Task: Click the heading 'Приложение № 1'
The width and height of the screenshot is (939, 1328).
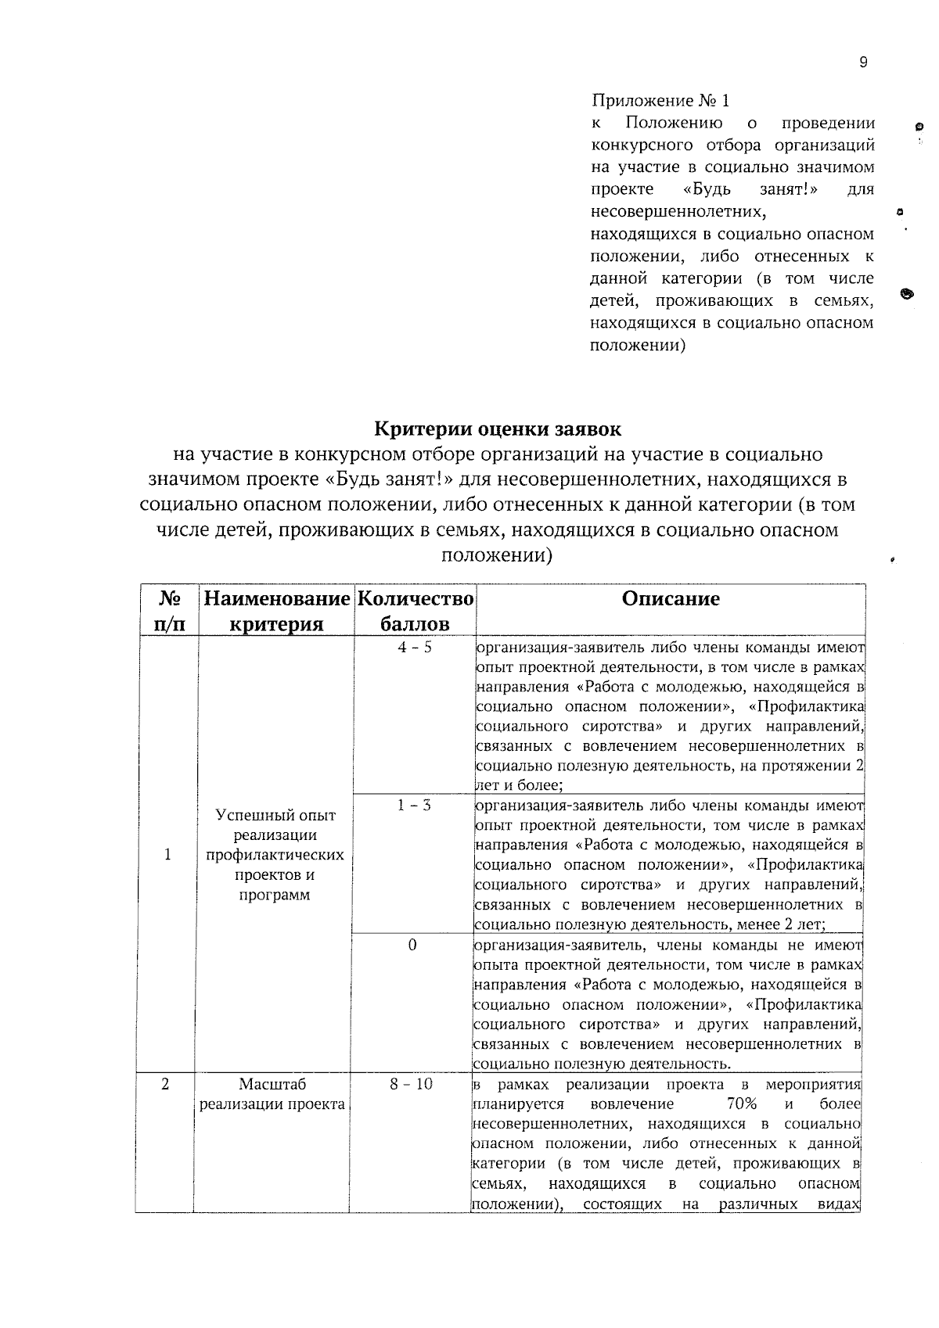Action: coord(660,101)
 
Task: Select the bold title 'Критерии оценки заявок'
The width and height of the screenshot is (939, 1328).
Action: coord(498,429)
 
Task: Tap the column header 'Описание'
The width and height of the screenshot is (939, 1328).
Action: coord(671,599)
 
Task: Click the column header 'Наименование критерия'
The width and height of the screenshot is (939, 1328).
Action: coord(275,611)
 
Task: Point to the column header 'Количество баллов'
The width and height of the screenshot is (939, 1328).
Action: coord(415,611)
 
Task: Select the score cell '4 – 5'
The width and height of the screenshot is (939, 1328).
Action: coord(414,648)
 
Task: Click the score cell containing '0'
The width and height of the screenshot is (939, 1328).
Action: coord(412,946)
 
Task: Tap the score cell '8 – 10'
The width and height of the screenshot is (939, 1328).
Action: coord(412,1085)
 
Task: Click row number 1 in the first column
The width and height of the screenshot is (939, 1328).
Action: coord(167,855)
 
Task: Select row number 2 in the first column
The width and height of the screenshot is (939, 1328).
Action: coord(165,1085)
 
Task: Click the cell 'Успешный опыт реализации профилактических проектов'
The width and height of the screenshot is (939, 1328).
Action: coord(275,855)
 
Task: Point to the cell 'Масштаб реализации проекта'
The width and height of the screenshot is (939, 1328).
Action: coord(272,1094)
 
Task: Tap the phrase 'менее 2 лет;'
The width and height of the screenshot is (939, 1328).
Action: coord(782,924)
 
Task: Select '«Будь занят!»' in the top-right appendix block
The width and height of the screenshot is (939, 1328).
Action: coord(725,189)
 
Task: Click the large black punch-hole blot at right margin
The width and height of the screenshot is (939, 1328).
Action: coord(907,294)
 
